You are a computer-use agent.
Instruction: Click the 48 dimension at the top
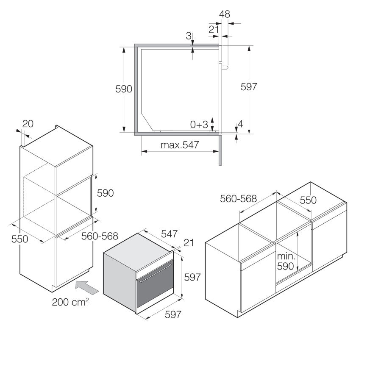pos(225,14)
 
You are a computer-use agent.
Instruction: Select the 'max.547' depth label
pos(180,145)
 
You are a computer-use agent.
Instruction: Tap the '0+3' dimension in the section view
pos(199,125)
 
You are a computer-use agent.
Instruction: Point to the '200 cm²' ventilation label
pos(70,302)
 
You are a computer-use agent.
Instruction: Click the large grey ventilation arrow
pos(87,288)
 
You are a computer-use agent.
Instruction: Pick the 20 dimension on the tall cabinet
pos(28,124)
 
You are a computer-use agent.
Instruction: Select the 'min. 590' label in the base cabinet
pos(286,261)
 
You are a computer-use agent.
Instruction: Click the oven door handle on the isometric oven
pos(155,272)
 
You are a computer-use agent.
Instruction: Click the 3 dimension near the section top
pos(189,36)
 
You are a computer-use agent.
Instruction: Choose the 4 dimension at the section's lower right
pos(240,124)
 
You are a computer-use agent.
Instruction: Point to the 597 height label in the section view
pos(249,87)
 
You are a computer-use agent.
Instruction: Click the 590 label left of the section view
pos(124,89)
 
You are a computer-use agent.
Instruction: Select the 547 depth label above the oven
pos(170,234)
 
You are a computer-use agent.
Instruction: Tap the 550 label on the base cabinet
pos(308,200)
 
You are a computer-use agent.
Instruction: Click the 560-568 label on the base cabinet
pos(239,199)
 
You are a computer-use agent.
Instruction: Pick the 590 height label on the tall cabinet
pos(106,193)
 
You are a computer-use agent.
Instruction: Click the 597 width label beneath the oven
pos(173,314)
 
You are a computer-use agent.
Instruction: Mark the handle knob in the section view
pos(225,68)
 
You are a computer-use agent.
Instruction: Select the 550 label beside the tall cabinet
pos(19,239)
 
